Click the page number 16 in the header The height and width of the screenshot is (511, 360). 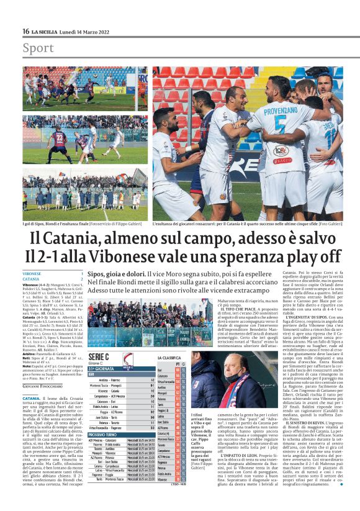coord(25,32)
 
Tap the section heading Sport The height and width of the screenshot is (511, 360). coord(38,48)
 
